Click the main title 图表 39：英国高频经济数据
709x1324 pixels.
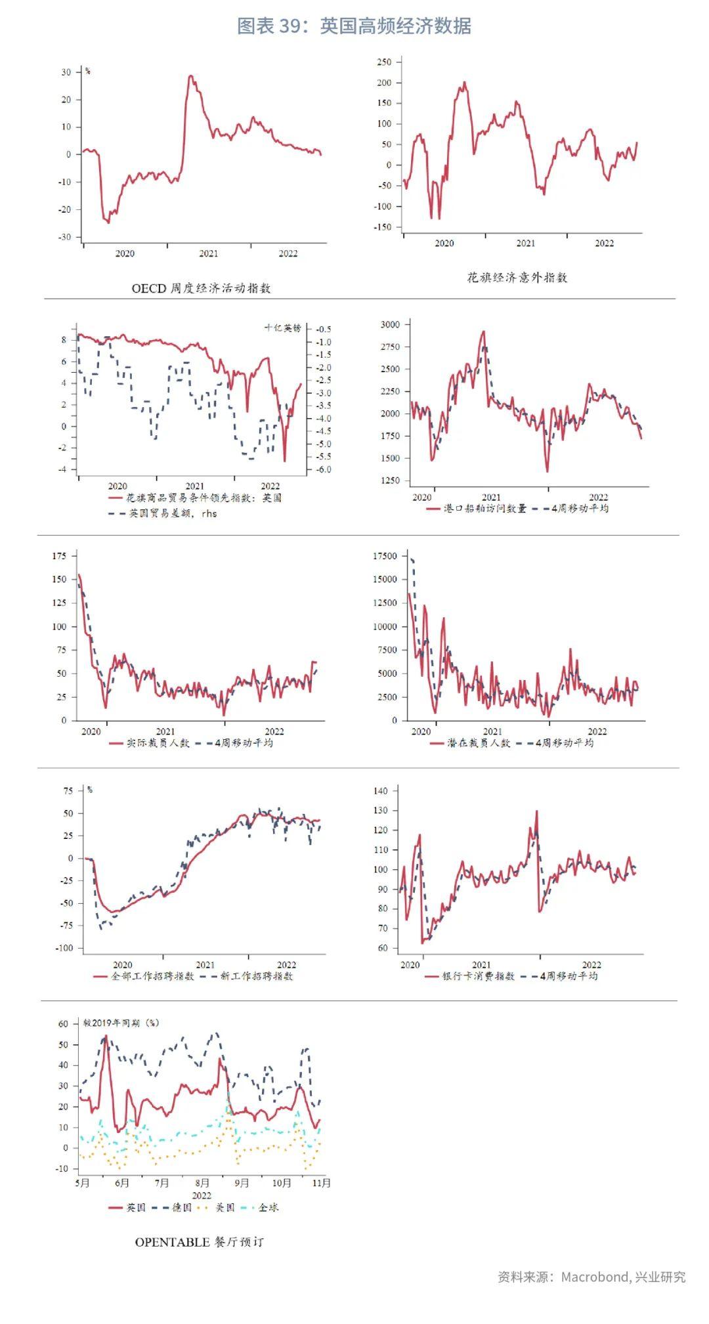354,26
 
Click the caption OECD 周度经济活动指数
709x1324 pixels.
201,288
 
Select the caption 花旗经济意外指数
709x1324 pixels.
517,278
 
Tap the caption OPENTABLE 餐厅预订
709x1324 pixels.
199,1242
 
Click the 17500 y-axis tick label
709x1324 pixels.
384,556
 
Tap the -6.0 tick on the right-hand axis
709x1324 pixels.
323,469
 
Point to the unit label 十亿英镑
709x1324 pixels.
282,328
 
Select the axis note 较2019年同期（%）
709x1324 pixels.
121,1023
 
